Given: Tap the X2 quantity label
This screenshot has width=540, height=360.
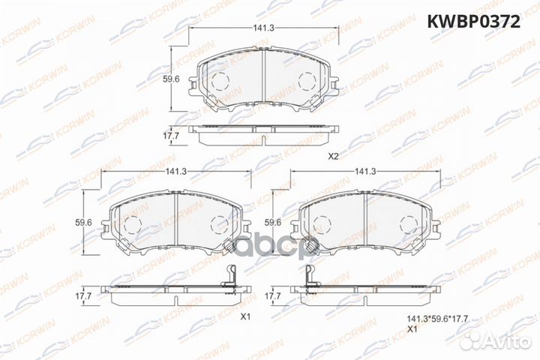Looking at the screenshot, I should coord(334,156).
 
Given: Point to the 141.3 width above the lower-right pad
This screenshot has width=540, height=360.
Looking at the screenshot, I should coord(364,172).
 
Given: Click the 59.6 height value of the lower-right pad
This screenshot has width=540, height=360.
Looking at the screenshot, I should coord(273,222).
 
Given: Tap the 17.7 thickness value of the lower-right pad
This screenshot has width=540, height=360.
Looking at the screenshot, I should coord(273,296).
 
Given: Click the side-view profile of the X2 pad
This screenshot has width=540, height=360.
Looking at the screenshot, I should coord(262,134).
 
